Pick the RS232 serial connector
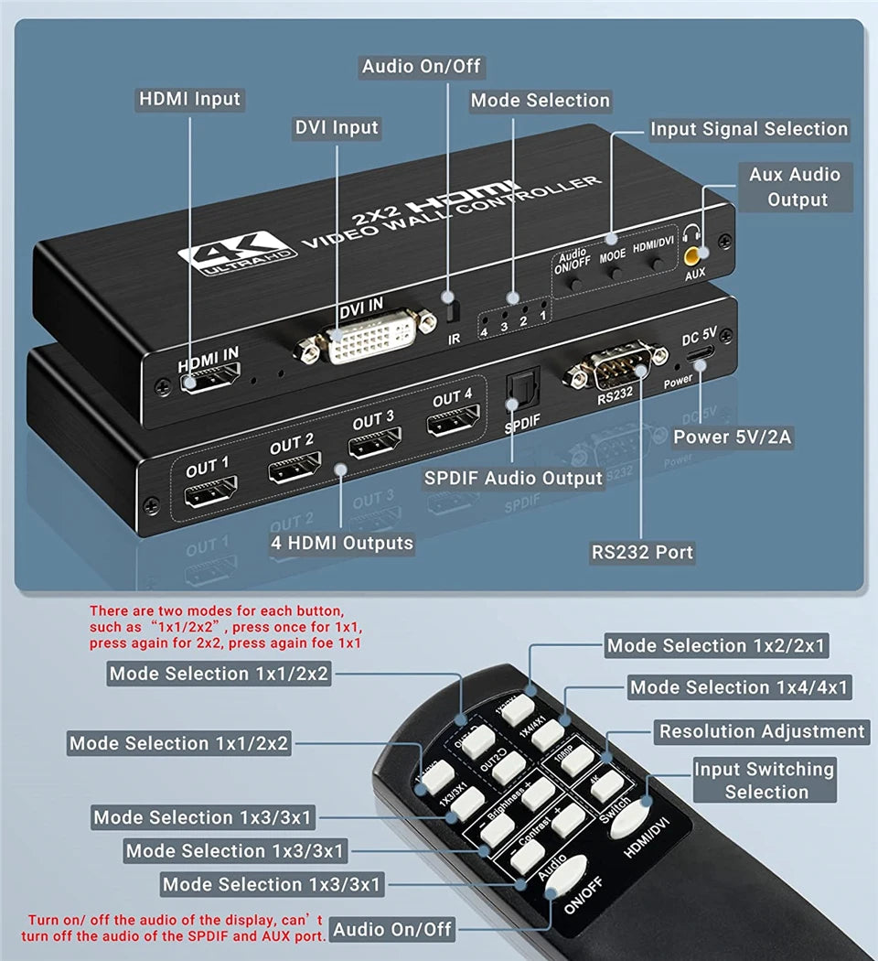click(614, 366)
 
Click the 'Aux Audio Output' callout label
click(795, 187)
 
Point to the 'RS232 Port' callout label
click(642, 552)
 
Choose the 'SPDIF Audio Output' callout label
click(513, 478)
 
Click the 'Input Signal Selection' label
click(749, 129)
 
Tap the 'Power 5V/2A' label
click(732, 437)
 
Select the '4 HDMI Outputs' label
click(342, 543)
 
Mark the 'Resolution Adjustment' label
click(762, 731)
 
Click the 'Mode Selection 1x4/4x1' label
click(739, 687)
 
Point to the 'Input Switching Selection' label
click(765, 780)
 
